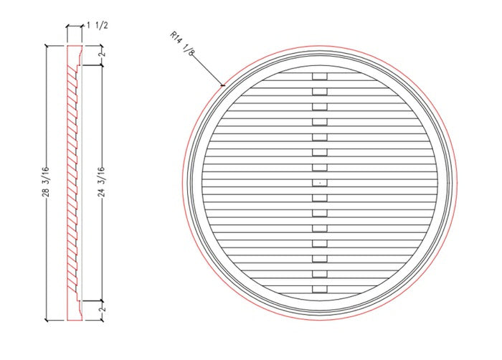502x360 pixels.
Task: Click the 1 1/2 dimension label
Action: coord(97,26)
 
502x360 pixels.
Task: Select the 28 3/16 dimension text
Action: coord(46,181)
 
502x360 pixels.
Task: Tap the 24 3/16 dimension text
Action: coord(102,181)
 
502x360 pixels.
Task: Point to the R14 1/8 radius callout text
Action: coord(182,44)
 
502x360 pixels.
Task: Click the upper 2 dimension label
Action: coord(103,54)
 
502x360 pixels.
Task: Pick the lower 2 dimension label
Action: coord(103,309)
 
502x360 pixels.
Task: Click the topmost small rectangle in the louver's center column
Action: coord(320,76)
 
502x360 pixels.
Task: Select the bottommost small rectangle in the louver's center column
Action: coord(320,289)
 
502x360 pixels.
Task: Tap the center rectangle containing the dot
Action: coord(320,183)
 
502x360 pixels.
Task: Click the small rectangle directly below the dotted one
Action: coord(320,198)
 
